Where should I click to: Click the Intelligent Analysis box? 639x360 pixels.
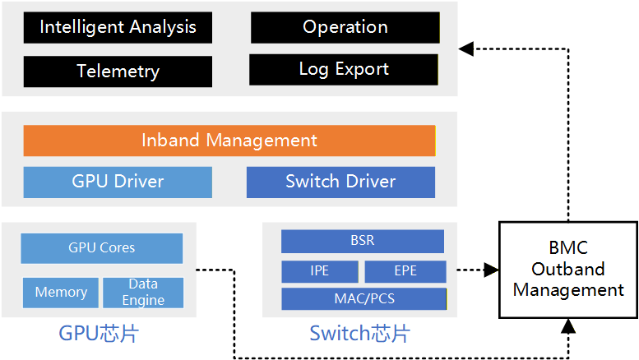[x=118, y=27]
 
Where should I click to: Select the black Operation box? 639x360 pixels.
[x=345, y=27]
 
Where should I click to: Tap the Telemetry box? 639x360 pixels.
[x=118, y=71]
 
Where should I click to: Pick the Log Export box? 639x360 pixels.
[x=344, y=69]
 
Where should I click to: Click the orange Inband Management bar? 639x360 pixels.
[x=229, y=141]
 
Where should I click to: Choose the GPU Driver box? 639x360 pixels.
[x=118, y=182]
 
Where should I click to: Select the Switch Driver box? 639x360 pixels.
[x=340, y=182]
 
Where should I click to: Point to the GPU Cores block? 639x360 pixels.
[x=101, y=247]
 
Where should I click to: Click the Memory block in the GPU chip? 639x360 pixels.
[x=61, y=292]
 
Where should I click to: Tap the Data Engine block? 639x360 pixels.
[x=143, y=293]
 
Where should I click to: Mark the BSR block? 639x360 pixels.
[x=363, y=241]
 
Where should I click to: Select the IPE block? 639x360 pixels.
[x=320, y=271]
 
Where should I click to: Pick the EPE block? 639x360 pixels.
[x=405, y=271]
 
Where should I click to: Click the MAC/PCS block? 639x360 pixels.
[x=363, y=298]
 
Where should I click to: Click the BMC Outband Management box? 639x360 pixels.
[x=568, y=269]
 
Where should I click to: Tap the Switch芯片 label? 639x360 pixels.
[x=359, y=334]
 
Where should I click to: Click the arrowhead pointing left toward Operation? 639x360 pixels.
[x=465, y=48]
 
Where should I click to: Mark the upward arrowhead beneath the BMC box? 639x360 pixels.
[x=568, y=326]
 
